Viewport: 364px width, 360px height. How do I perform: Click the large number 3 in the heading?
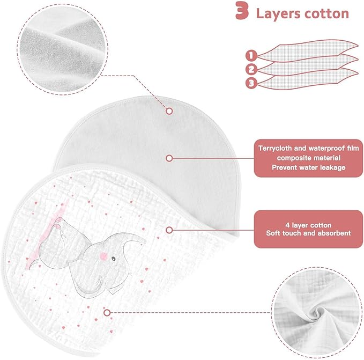(242, 11)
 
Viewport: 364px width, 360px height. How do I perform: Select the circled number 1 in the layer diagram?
(251, 55)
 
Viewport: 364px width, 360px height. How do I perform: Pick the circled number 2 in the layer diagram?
(251, 69)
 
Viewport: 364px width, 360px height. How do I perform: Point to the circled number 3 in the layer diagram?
(251, 83)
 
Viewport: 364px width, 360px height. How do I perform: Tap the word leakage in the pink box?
(333, 168)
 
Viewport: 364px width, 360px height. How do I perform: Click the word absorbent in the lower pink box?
(335, 233)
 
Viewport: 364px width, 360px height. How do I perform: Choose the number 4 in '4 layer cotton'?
(287, 225)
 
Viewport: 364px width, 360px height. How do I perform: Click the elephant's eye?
(114, 259)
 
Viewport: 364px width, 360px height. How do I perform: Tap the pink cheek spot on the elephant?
(103, 256)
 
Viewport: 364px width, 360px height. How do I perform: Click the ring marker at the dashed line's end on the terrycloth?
(169, 111)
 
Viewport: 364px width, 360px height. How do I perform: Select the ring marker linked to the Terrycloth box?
(169, 158)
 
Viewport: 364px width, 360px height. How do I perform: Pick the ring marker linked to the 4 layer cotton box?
(169, 230)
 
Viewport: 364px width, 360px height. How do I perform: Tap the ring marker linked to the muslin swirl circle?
(107, 313)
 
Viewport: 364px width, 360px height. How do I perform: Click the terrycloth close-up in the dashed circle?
(62, 49)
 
